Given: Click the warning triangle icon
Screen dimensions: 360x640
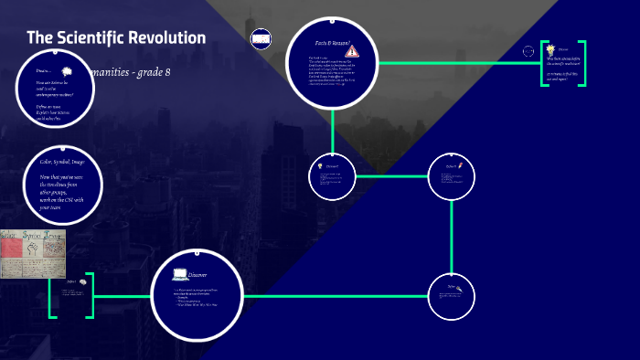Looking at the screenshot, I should coord(353,51).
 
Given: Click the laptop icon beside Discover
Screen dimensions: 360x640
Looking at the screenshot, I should coord(179,274).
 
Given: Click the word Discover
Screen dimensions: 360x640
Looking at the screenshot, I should coord(198,274).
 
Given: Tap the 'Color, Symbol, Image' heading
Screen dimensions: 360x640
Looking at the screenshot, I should coord(62,161).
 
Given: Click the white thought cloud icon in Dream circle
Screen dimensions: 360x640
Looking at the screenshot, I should coord(66,71).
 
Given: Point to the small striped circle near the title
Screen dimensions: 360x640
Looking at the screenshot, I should coord(261,38).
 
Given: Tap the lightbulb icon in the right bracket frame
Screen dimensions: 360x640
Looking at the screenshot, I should coord(550,49).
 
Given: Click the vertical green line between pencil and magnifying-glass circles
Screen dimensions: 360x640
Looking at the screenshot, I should coord(452,238).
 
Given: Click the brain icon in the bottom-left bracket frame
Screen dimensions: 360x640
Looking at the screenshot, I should coord(83,281).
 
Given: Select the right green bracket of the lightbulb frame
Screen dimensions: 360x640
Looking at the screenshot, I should coord(582,63).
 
